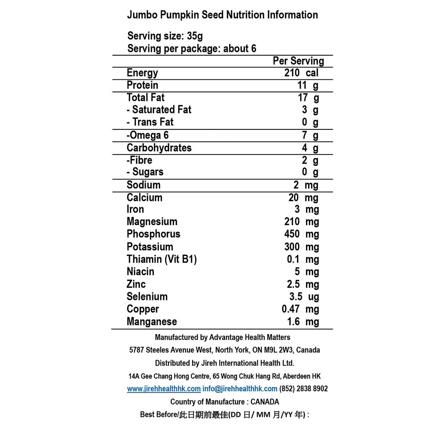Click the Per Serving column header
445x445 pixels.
click(x=298, y=61)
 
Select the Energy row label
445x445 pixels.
click(x=142, y=73)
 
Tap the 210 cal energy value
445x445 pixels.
click(x=301, y=73)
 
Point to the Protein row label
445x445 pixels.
click(x=142, y=85)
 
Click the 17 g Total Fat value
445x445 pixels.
click(x=308, y=98)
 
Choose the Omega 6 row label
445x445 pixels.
click(x=148, y=135)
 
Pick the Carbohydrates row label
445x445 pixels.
click(x=159, y=148)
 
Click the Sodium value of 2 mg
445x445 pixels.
click(x=306, y=185)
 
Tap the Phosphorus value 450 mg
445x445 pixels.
click(x=301, y=234)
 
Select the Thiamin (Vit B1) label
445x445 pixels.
click(x=162, y=259)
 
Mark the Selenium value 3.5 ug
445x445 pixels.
click(x=304, y=297)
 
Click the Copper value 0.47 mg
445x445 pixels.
click(x=300, y=309)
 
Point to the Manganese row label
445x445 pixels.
click(x=152, y=322)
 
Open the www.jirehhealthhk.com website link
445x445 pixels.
click(x=164, y=389)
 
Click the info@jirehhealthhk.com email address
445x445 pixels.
click(x=240, y=389)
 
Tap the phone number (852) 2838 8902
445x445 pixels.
click(x=303, y=389)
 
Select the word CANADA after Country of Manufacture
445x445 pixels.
click(x=265, y=402)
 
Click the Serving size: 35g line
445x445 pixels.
click(x=165, y=36)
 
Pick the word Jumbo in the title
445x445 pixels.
click(x=142, y=15)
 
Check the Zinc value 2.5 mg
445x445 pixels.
click(x=303, y=284)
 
